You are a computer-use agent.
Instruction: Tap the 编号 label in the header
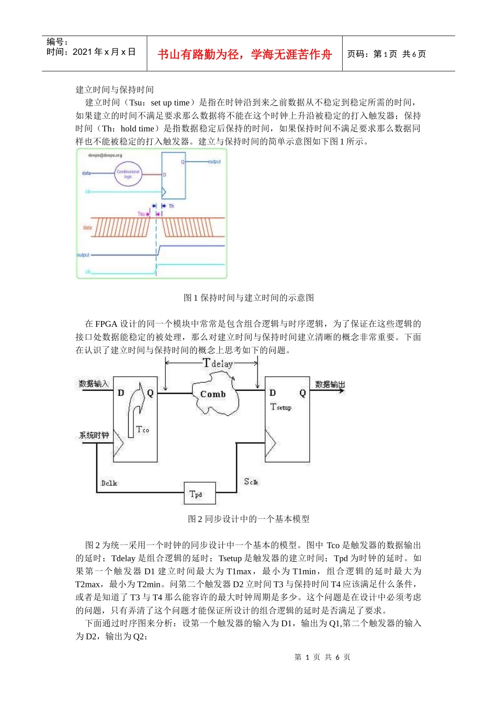[57, 42]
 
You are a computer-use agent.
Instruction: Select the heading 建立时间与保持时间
[115, 89]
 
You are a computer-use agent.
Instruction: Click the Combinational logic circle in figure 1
[128, 174]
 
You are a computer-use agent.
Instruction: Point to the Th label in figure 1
[172, 206]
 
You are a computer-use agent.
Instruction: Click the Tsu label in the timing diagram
[141, 214]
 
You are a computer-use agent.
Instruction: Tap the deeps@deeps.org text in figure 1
[105, 155]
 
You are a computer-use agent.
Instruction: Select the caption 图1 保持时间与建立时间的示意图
[249, 298]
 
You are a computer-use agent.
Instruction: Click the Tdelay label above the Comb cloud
[218, 364]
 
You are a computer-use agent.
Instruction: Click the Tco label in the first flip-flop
[142, 429]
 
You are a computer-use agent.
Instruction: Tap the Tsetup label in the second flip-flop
[281, 407]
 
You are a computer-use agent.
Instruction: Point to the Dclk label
[109, 483]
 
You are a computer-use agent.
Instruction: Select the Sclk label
[251, 482]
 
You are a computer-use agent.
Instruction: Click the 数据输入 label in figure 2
[94, 384]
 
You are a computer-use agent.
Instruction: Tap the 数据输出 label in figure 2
[330, 384]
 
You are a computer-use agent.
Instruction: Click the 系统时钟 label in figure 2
[94, 435]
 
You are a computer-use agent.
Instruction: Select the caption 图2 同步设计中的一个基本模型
[249, 519]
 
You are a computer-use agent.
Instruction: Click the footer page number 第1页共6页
[322, 657]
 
